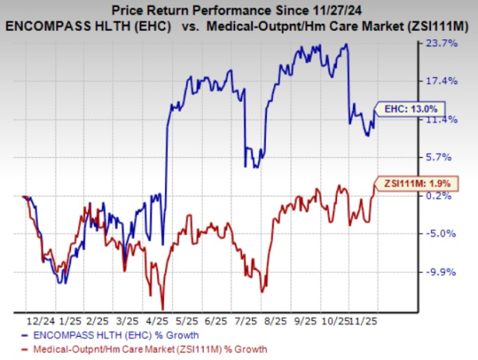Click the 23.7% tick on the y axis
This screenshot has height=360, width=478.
click(x=450, y=44)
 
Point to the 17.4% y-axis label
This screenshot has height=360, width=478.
click(x=450, y=82)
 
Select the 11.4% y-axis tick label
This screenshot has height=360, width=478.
click(x=450, y=119)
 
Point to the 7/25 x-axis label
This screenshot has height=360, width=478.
click(x=245, y=319)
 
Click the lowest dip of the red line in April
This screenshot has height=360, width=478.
click(x=163, y=308)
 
